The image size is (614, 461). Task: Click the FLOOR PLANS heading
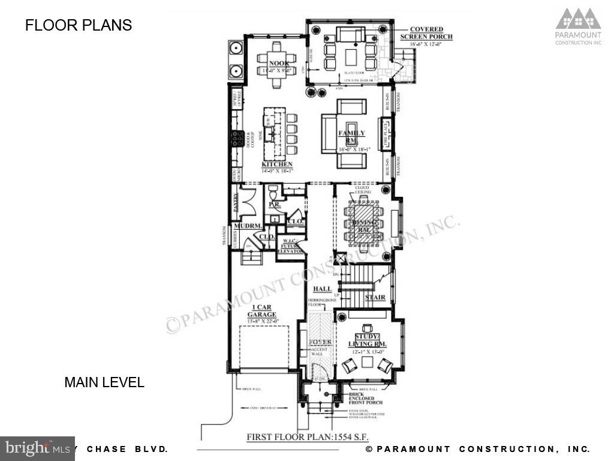(x=78, y=25)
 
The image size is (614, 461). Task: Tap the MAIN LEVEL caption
(x=104, y=382)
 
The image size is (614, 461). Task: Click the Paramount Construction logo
(x=577, y=26)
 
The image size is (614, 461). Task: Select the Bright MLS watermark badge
(x=37, y=448)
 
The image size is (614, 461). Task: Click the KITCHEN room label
(x=277, y=164)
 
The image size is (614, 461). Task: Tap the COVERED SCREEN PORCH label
(x=426, y=33)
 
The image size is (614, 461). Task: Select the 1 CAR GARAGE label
(x=262, y=310)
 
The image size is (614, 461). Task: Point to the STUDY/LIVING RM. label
(x=368, y=340)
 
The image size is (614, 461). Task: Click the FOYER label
(x=320, y=342)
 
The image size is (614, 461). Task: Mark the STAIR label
(x=375, y=297)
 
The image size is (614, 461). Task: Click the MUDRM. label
(x=246, y=226)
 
